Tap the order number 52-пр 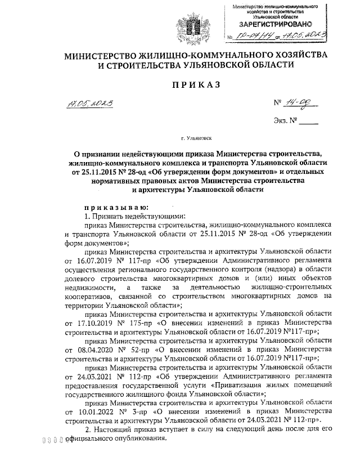(x=139, y=349)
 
